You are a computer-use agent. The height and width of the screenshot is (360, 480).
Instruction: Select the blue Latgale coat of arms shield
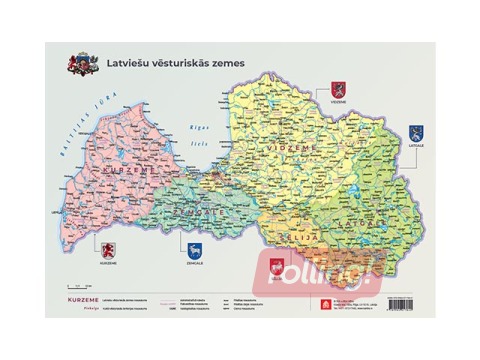[x=415, y=132]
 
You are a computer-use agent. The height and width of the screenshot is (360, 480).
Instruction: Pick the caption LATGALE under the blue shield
[x=415, y=146]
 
